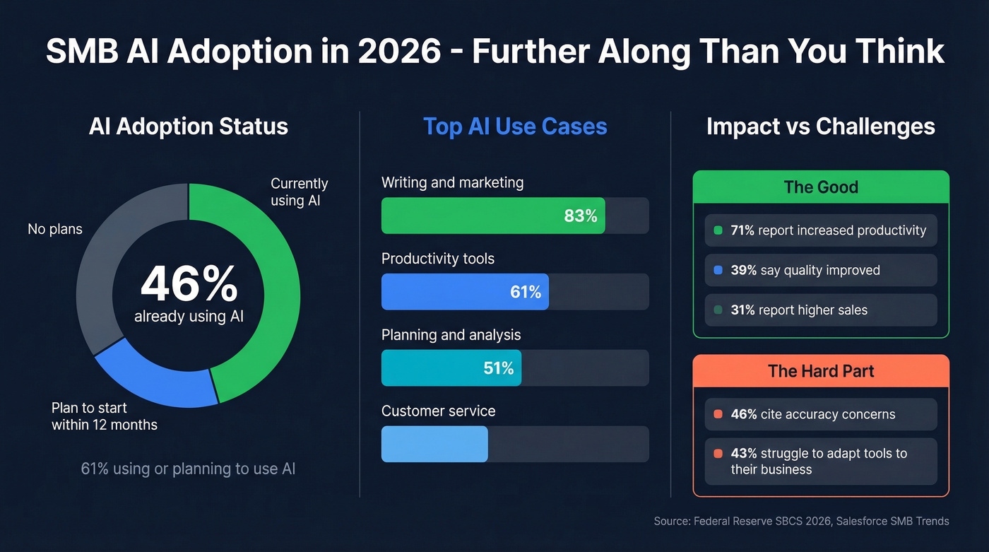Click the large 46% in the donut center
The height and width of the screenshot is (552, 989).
pyautogui.click(x=189, y=285)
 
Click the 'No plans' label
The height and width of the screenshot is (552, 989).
pyautogui.click(x=55, y=229)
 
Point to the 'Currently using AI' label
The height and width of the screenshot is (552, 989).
pyautogui.click(x=299, y=192)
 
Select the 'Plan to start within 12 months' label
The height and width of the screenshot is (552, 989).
pyautogui.click(x=104, y=416)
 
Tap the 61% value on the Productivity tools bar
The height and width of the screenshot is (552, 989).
pyautogui.click(x=525, y=292)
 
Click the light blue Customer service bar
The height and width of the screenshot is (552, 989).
pyautogui.click(x=434, y=444)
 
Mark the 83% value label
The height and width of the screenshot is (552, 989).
pyautogui.click(x=580, y=216)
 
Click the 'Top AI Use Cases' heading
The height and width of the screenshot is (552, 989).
pyautogui.click(x=515, y=127)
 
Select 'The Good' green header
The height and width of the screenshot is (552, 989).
pyautogui.click(x=821, y=187)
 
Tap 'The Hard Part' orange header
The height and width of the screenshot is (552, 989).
pyautogui.click(x=821, y=371)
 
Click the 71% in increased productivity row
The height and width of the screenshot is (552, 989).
pyautogui.click(x=743, y=230)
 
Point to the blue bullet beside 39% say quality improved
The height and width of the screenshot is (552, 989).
pyautogui.click(x=718, y=270)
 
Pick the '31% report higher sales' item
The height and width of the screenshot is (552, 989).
pyautogui.click(x=798, y=310)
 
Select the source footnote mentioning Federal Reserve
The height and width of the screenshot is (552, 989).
pyautogui.click(x=801, y=521)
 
